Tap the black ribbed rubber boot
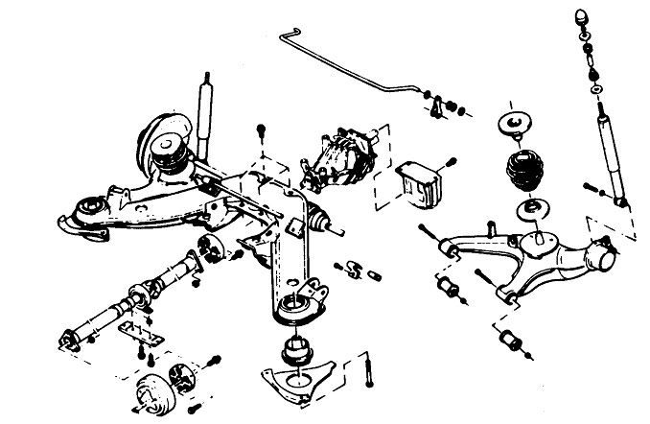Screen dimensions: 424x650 click(x=522, y=174)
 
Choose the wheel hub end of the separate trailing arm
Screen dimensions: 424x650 click(x=600, y=256)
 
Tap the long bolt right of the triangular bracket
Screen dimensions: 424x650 click(x=366, y=373)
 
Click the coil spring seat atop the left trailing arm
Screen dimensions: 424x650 click(x=173, y=147)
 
